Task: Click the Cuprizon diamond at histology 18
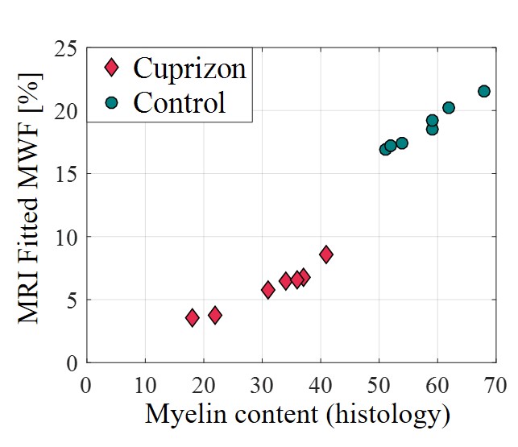(192, 317)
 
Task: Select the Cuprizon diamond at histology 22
(215, 315)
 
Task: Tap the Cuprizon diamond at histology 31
(267, 290)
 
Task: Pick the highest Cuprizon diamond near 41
(326, 255)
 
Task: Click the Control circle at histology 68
(484, 91)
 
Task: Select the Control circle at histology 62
(449, 108)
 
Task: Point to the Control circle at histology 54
(402, 143)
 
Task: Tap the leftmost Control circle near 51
(385, 149)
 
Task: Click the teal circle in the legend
(111, 102)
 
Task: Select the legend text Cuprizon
(189, 68)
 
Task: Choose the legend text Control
(180, 102)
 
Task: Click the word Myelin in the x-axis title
(180, 415)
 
